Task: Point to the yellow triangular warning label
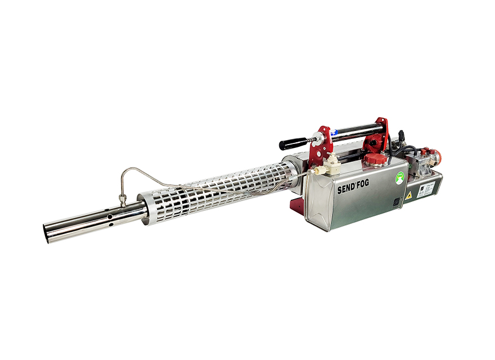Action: (x=408, y=196)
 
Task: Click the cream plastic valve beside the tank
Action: (x=333, y=164)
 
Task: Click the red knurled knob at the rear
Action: (x=434, y=153)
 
